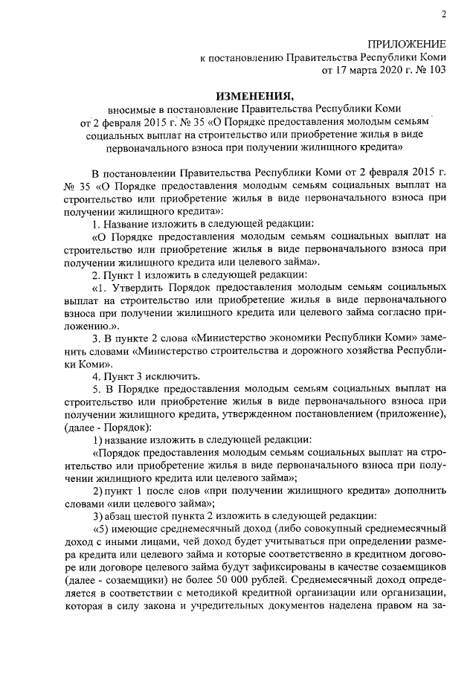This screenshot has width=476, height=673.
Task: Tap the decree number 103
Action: click(x=437, y=71)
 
